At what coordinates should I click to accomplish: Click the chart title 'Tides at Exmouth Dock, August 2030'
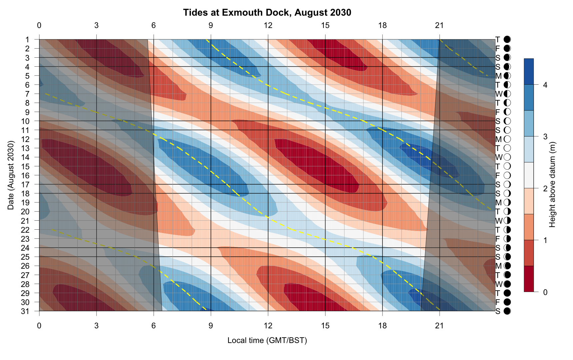tap(267, 13)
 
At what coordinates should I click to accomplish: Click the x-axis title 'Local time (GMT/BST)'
tap(267, 340)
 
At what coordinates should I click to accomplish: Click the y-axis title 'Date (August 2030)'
tap(11, 175)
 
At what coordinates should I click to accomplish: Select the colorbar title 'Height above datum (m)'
tap(553, 185)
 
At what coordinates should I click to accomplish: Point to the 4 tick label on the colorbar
tap(545, 85)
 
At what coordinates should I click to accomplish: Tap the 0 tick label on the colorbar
tap(545, 292)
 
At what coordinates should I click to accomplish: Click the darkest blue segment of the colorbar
tap(529, 71)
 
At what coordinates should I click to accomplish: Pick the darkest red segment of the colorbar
tap(529, 279)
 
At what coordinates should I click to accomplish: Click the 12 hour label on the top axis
tap(268, 25)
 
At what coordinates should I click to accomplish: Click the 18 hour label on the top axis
tap(382, 25)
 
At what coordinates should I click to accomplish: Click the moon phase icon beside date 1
tap(507, 40)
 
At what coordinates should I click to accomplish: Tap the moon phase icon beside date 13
tap(507, 148)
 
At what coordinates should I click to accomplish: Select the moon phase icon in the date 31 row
tap(507, 311)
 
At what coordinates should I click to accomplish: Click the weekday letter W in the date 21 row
tap(498, 221)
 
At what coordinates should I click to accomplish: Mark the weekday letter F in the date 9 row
tap(498, 112)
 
